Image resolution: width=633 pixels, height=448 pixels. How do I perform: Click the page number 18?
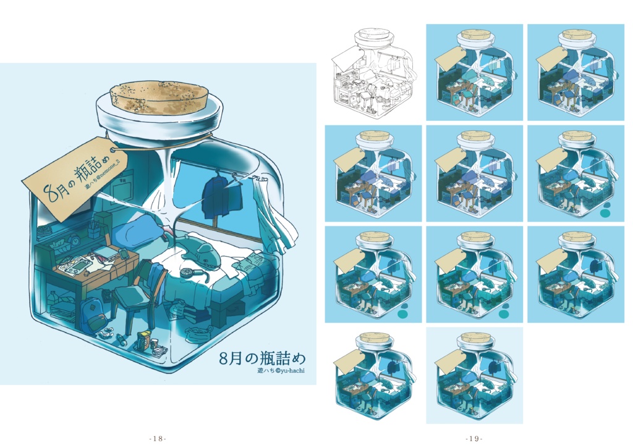pyautogui.click(x=158, y=438)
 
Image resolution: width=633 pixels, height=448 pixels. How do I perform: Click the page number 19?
pyautogui.click(x=474, y=438)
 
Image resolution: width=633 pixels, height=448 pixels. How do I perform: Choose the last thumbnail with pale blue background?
pyautogui.click(x=474, y=375)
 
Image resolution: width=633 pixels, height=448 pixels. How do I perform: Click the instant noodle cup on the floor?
pyautogui.click(x=144, y=339)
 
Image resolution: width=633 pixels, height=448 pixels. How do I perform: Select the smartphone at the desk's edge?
pyautogui.click(x=124, y=254)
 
